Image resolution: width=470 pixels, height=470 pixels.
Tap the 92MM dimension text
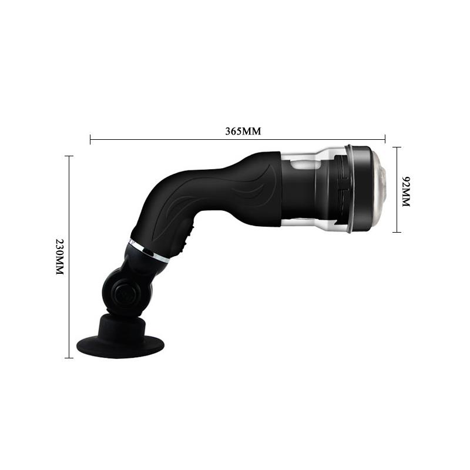point(405,190)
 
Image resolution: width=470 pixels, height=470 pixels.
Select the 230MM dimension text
point(59,257)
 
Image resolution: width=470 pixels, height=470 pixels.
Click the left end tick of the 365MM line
point(90,139)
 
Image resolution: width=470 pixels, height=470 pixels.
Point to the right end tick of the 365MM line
point(385,139)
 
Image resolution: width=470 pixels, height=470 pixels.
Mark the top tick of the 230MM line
point(69,156)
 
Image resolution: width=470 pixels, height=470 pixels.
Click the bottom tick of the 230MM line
point(69,358)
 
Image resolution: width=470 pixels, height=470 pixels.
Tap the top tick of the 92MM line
point(397,147)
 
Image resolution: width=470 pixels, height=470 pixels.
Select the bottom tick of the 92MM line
point(397,232)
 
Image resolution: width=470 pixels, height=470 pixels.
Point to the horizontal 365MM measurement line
point(176,139)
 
